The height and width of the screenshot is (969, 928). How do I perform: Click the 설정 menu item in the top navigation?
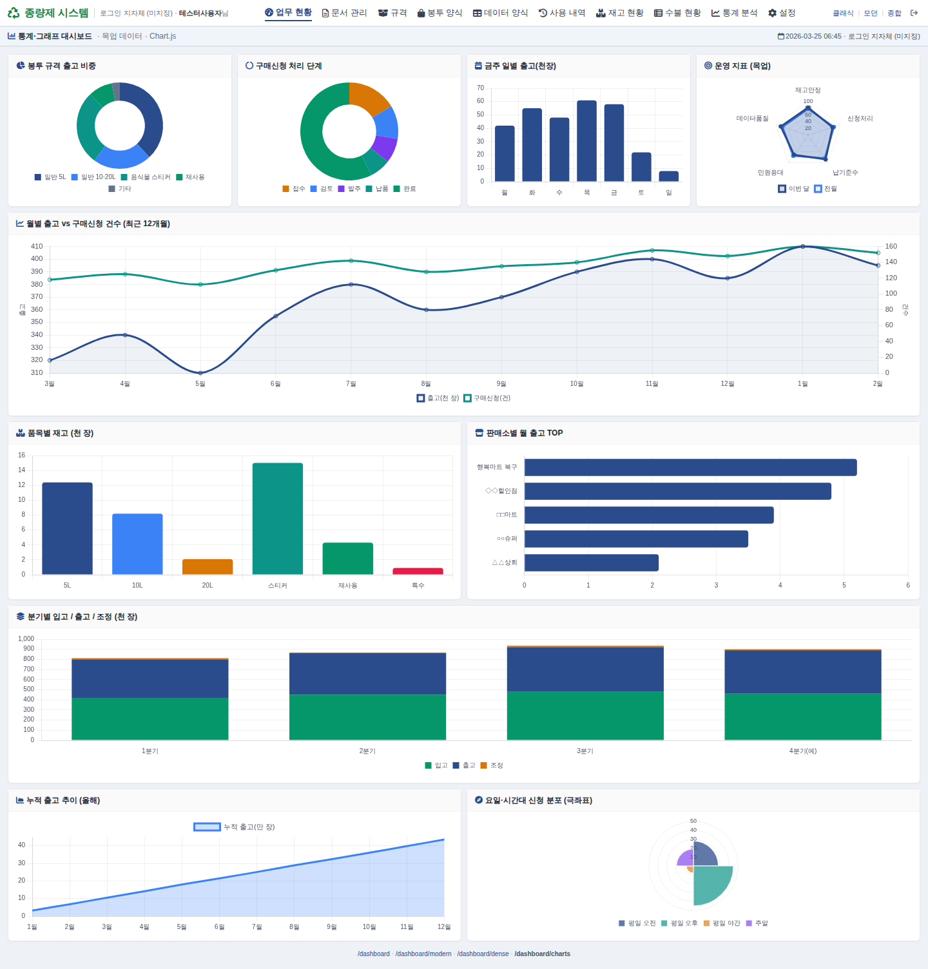(782, 13)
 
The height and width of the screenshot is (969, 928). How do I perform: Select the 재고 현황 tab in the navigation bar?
(620, 13)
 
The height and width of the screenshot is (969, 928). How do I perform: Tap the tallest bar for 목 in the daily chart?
(586, 140)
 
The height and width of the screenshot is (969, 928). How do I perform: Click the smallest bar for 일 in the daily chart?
(669, 176)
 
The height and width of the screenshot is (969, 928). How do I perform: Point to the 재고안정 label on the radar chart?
(807, 90)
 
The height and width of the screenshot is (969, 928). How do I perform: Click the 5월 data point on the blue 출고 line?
(200, 373)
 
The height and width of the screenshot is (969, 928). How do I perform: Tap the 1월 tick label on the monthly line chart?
(802, 384)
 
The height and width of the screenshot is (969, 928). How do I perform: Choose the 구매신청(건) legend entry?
(487, 398)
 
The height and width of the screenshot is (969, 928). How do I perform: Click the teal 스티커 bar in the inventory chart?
(278, 518)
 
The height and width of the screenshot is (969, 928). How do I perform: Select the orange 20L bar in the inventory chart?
(208, 566)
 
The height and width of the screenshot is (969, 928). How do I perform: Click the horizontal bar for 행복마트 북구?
(690, 467)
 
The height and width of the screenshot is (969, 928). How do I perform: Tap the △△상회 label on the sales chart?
(505, 562)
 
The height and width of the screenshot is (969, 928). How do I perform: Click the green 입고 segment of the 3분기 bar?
(585, 715)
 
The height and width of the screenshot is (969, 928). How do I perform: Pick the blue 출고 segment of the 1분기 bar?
(150, 678)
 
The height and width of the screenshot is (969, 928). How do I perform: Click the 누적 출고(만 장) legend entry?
(235, 827)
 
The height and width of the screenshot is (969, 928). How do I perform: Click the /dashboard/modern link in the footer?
(423, 954)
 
